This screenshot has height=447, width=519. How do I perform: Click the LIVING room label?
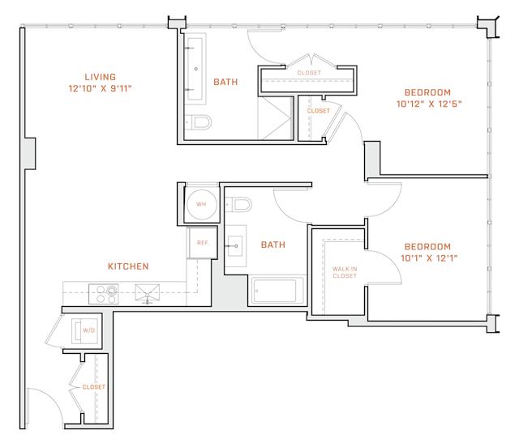click(100, 77)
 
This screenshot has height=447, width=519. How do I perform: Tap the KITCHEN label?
click(128, 266)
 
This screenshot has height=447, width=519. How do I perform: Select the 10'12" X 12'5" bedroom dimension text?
click(429, 104)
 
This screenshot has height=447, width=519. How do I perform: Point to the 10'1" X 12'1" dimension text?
click(429, 258)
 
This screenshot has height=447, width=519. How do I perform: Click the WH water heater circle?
click(202, 204)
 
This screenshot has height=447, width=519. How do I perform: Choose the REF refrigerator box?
click(202, 242)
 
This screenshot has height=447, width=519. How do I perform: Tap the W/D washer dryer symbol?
click(84, 330)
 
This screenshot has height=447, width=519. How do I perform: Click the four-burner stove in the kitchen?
click(104, 294)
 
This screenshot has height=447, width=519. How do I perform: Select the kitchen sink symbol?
click(148, 292)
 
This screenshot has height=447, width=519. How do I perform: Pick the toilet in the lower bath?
click(238, 205)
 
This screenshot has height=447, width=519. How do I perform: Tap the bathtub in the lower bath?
click(274, 291)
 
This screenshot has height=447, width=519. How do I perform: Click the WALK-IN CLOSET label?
click(345, 272)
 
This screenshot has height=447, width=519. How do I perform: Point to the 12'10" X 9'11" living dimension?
click(100, 88)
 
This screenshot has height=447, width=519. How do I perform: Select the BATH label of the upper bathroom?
click(225, 82)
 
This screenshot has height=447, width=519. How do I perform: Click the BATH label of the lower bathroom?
click(273, 245)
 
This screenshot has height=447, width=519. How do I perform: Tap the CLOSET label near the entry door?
click(94, 387)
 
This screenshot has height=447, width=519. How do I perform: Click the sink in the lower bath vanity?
click(235, 246)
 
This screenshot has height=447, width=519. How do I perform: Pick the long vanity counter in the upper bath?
click(195, 69)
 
